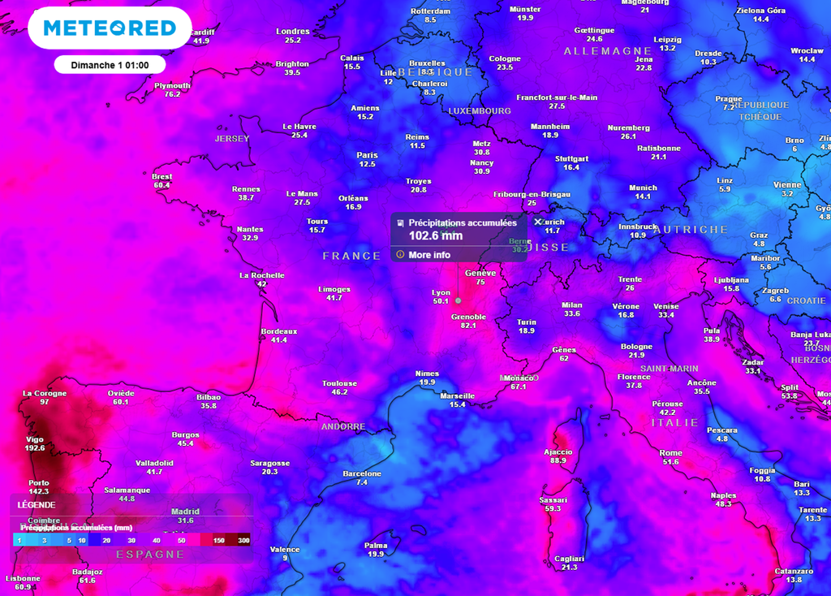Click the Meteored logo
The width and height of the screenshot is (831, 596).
point(109,28)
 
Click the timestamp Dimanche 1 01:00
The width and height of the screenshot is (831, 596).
point(110,65)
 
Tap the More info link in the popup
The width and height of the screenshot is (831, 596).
point(429,255)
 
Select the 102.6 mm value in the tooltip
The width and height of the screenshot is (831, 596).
point(436,235)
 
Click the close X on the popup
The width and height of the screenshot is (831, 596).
point(537,222)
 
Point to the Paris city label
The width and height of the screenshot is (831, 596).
point(367,155)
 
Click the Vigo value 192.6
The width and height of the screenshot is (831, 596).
point(36,447)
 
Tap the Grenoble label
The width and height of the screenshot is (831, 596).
point(468,317)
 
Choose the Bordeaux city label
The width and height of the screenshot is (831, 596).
point(279,331)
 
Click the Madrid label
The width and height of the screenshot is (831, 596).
point(186,512)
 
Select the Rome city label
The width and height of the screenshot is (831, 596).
point(670,453)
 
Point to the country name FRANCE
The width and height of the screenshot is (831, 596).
point(351,256)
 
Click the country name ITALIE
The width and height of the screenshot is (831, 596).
point(674,423)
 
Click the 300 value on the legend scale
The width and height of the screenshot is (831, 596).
point(243,540)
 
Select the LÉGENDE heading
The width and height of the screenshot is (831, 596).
point(37,504)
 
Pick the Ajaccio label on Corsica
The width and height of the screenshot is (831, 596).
point(558,451)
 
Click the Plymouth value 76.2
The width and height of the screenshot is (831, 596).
point(172,94)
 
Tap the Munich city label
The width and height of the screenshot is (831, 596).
point(643,188)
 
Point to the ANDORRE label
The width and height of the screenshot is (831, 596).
point(343,426)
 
